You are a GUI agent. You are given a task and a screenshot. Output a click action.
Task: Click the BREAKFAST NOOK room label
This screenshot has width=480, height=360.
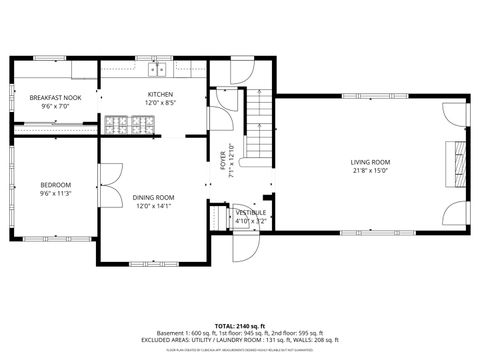(55, 96)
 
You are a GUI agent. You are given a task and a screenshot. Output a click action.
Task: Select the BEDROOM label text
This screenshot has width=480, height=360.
(55, 184)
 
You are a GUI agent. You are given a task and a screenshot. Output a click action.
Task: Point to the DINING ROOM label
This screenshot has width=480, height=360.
(154, 198)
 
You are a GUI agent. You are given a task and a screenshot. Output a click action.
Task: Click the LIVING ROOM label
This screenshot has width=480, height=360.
(370, 162)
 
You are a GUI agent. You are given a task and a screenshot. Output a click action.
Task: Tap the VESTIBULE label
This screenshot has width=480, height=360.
(250, 212)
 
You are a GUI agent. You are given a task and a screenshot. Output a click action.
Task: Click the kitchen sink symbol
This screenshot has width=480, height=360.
(157, 70)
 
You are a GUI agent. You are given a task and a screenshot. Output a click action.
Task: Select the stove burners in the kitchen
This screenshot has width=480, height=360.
(127, 125)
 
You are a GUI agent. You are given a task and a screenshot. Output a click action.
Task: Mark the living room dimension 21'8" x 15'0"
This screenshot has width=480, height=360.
(370, 171)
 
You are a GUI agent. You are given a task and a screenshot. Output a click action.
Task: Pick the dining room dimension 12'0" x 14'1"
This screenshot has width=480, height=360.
(154, 207)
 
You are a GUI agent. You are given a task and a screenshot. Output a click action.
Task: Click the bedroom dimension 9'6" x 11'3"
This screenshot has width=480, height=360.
(55, 193)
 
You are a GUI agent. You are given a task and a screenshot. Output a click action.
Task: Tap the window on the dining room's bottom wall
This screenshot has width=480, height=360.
(149, 263)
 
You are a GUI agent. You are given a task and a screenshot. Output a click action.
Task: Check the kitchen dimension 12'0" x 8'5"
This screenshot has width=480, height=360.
(161, 102)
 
